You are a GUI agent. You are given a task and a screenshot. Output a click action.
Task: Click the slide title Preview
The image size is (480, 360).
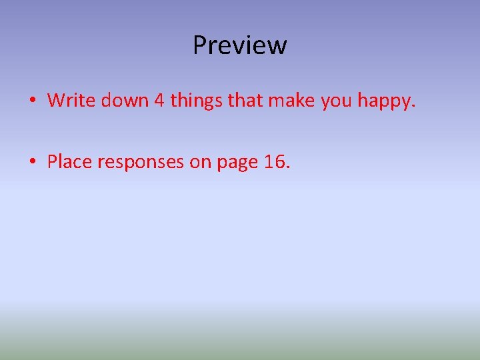pos(240,45)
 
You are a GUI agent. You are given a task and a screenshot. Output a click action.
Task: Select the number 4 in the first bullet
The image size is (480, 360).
pos(159,101)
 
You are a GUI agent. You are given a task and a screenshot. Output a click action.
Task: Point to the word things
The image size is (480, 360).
pos(197,101)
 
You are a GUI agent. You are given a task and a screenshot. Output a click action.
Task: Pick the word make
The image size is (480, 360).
pos(291,101)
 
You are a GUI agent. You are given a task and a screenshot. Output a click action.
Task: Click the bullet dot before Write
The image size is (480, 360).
pos(32,101)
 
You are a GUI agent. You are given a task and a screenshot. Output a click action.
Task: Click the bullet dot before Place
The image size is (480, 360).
pos(32,163)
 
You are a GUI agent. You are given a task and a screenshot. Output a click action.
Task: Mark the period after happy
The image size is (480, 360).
pos(413,107)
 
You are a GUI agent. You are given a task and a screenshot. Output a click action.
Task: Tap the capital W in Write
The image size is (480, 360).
pos(57,101)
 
